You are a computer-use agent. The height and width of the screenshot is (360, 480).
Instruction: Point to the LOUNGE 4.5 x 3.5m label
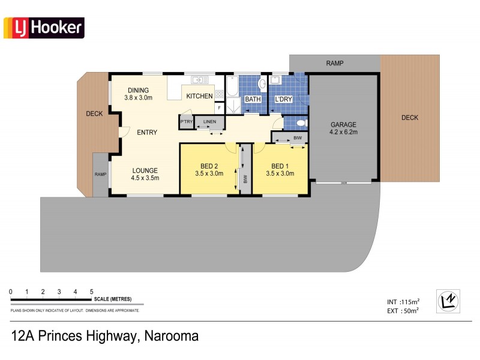tap(145, 174)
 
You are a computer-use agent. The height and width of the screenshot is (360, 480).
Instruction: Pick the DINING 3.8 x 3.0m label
tap(138, 94)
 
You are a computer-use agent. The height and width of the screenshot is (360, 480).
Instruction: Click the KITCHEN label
tap(199, 96)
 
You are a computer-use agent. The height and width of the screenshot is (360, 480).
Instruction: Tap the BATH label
tap(253, 100)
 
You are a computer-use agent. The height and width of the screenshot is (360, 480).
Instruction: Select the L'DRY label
tap(283, 100)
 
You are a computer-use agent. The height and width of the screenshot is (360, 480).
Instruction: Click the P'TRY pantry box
tap(187, 122)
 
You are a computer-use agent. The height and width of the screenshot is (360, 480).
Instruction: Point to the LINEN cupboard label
tap(209, 122)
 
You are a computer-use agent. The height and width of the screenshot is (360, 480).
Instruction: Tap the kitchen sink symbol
tap(199, 80)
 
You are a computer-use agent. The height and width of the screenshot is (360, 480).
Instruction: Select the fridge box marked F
tap(219, 108)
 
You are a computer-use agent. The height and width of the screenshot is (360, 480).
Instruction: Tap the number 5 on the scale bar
tap(91, 292)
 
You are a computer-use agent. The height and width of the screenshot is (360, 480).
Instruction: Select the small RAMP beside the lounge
tap(100, 175)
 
